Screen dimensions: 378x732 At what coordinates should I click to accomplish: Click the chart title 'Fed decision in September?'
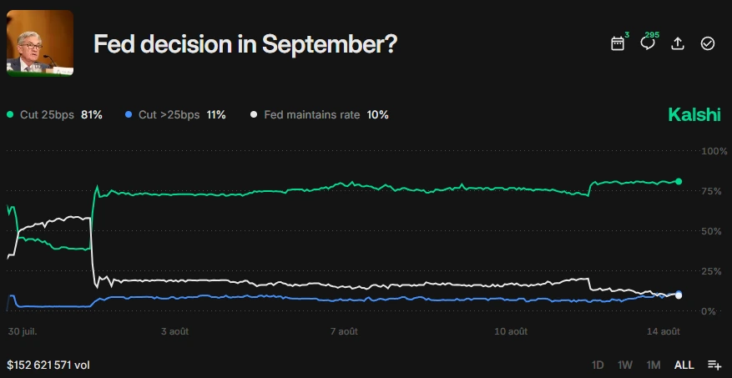(x=245, y=44)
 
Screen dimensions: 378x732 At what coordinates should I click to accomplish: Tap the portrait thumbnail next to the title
(x=40, y=43)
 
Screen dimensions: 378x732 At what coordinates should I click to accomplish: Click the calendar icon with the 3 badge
(x=618, y=43)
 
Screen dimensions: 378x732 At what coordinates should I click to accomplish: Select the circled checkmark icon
(x=708, y=43)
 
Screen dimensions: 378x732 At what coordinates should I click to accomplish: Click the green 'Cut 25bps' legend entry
(x=53, y=114)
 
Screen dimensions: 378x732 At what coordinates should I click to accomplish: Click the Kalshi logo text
(x=694, y=115)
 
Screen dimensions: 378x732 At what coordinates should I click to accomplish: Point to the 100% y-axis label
(x=714, y=151)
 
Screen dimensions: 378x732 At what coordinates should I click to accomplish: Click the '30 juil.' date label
(x=23, y=331)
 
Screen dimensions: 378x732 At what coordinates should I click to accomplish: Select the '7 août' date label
(x=343, y=331)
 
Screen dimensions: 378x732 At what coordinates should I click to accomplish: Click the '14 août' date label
(x=664, y=331)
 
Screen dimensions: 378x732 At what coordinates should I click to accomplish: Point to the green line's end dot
(x=679, y=181)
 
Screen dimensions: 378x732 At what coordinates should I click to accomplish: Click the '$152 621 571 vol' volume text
(x=48, y=365)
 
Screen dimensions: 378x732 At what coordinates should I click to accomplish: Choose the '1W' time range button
(x=624, y=365)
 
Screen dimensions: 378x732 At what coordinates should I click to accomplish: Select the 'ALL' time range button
(x=684, y=365)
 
